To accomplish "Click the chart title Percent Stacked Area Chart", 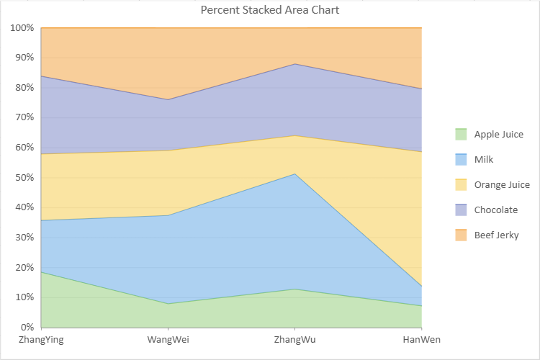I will pyautogui.click(x=269, y=10).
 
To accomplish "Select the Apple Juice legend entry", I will pyautogui.click(x=498, y=134).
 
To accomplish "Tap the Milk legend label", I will pyautogui.click(x=484, y=159).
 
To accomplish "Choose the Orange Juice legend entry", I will pyautogui.click(x=501, y=185).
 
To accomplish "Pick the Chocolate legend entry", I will pyautogui.click(x=495, y=210).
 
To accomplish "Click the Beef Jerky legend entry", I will pyautogui.click(x=496, y=235).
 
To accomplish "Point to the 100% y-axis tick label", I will pyautogui.click(x=22, y=28).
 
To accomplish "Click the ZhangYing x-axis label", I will pyautogui.click(x=41, y=339).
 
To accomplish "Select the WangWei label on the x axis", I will pyautogui.click(x=168, y=339).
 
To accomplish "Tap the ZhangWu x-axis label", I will pyautogui.click(x=295, y=339).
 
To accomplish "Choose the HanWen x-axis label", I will pyautogui.click(x=421, y=339).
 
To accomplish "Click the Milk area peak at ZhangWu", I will pyautogui.click(x=295, y=174).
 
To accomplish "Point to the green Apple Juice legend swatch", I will pyautogui.click(x=462, y=134).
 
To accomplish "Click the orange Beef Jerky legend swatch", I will pyautogui.click(x=462, y=235).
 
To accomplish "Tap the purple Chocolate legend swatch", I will pyautogui.click(x=462, y=210).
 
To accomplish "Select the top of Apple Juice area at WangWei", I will pyautogui.click(x=168, y=303).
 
